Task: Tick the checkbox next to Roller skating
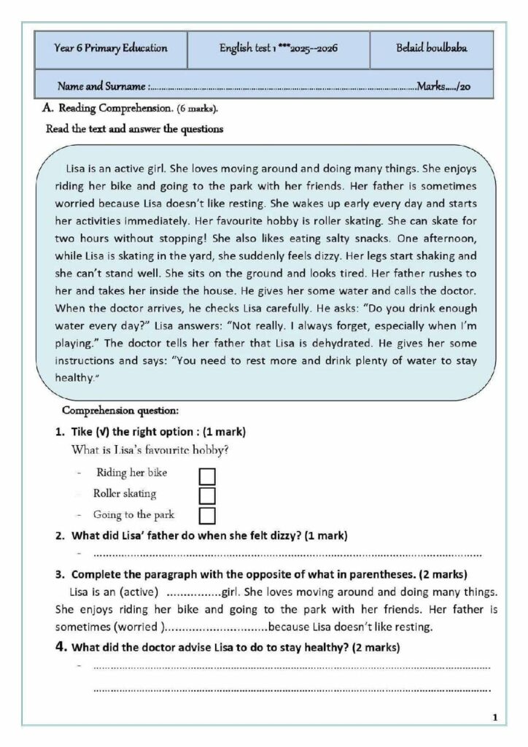[x=207, y=496]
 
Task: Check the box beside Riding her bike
[x=207, y=476]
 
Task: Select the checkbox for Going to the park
[x=207, y=516]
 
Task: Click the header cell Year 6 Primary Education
[x=111, y=49]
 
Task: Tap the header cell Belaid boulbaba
[x=431, y=49]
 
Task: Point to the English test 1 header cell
[x=278, y=49]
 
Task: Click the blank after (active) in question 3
[x=195, y=592]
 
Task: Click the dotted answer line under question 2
[x=284, y=554]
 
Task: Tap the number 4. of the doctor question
[x=62, y=646]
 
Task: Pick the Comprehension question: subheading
[x=115, y=411]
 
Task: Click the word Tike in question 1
[x=82, y=431]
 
